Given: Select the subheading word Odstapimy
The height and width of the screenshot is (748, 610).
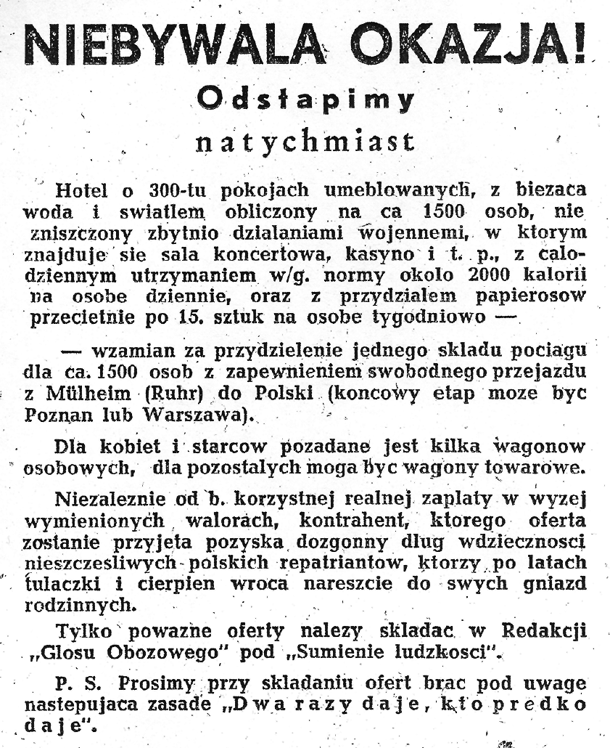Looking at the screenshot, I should click(x=305, y=98).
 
